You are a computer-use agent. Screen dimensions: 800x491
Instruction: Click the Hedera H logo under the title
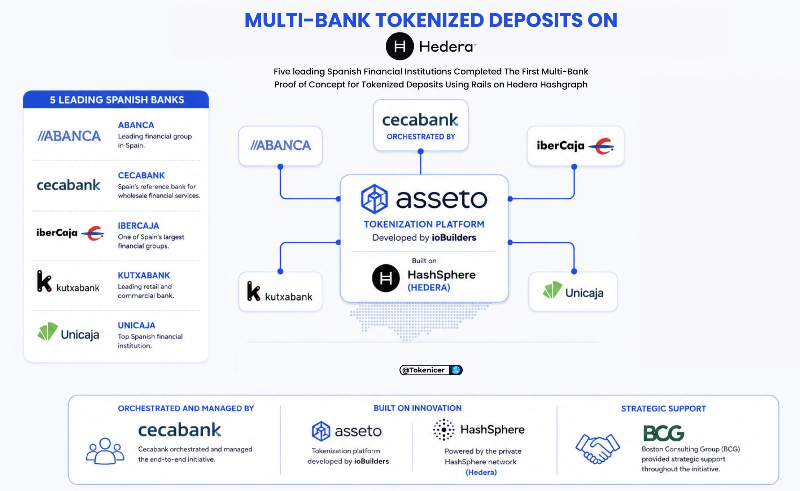coord(400,46)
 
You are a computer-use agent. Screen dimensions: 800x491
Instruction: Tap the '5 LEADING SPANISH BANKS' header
coord(116,100)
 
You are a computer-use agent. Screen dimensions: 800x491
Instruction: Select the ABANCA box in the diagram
coord(280,145)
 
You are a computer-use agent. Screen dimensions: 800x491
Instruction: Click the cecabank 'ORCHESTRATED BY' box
coord(421,125)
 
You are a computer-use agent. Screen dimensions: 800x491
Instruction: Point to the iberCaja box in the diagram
coord(575,145)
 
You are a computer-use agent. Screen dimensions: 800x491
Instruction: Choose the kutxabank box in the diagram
coord(280,291)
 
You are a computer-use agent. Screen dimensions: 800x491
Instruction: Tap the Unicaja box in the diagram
coord(573,291)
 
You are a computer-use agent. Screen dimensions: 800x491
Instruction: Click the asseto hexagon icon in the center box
coord(374,199)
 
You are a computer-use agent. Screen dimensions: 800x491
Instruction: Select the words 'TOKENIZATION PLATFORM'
coord(424,224)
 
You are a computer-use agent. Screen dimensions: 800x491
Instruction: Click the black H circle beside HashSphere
coord(386,278)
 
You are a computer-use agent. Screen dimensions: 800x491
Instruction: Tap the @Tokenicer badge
coord(431,370)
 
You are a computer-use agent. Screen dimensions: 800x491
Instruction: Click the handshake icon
coord(597,448)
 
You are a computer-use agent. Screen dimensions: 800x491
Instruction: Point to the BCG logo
coord(663,433)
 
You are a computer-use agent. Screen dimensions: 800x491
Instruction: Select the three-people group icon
coord(105,451)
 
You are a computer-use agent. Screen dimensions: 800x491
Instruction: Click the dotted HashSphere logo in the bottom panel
coord(444,429)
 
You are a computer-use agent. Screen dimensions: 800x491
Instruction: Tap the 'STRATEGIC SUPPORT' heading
coord(663,408)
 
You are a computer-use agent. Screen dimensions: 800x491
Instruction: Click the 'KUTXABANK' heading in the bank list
coord(144,275)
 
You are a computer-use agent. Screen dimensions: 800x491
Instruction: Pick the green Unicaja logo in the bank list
coord(48,331)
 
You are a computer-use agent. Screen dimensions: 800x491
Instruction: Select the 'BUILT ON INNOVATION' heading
coord(417,408)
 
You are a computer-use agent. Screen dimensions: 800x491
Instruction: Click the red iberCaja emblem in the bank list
coord(93,233)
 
